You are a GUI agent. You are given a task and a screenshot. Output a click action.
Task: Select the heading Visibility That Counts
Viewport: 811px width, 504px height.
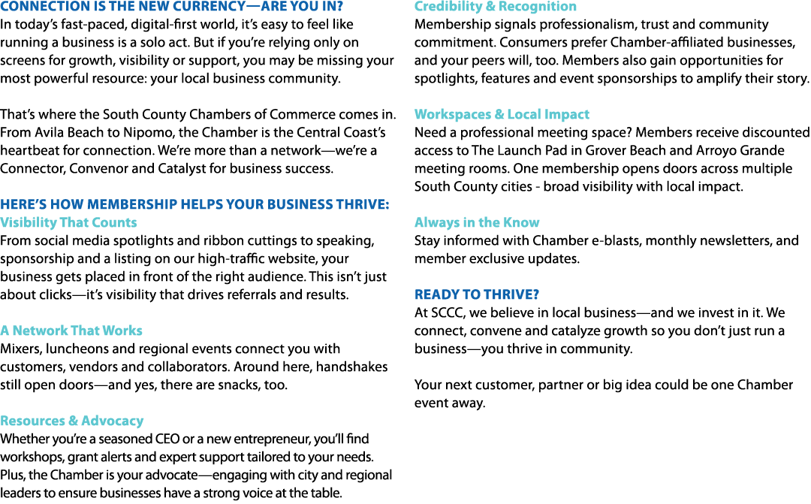[68, 222]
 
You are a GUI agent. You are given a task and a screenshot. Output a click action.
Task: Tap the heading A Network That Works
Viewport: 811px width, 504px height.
[71, 330]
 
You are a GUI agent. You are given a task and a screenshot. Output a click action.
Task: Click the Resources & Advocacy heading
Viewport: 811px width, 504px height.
[72, 421]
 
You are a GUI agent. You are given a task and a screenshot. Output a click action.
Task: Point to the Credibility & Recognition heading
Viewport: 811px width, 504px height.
[496, 6]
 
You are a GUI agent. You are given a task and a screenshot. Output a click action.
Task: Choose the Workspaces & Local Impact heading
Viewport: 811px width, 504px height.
[502, 114]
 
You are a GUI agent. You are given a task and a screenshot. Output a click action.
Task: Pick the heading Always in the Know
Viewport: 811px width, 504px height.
[477, 222]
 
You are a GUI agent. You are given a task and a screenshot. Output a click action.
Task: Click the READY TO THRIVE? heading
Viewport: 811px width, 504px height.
[476, 294]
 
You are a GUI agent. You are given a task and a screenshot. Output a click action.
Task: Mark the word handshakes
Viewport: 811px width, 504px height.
[351, 367]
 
